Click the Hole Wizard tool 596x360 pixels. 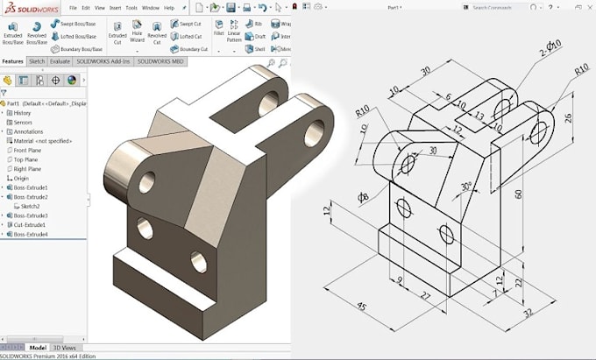click(137, 36)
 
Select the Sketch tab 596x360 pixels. click(37, 62)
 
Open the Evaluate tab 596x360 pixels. click(60, 62)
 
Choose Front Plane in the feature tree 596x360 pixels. click(27, 150)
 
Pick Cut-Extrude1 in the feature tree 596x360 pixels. click(31, 225)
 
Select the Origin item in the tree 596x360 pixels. click(21, 178)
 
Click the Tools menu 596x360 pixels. click(131, 7)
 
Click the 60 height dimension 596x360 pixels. click(518, 194)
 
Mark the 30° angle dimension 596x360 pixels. click(466, 186)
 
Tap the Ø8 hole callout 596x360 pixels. click(363, 197)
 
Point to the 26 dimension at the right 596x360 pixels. click(568, 118)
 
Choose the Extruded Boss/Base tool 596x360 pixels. click(13, 35)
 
